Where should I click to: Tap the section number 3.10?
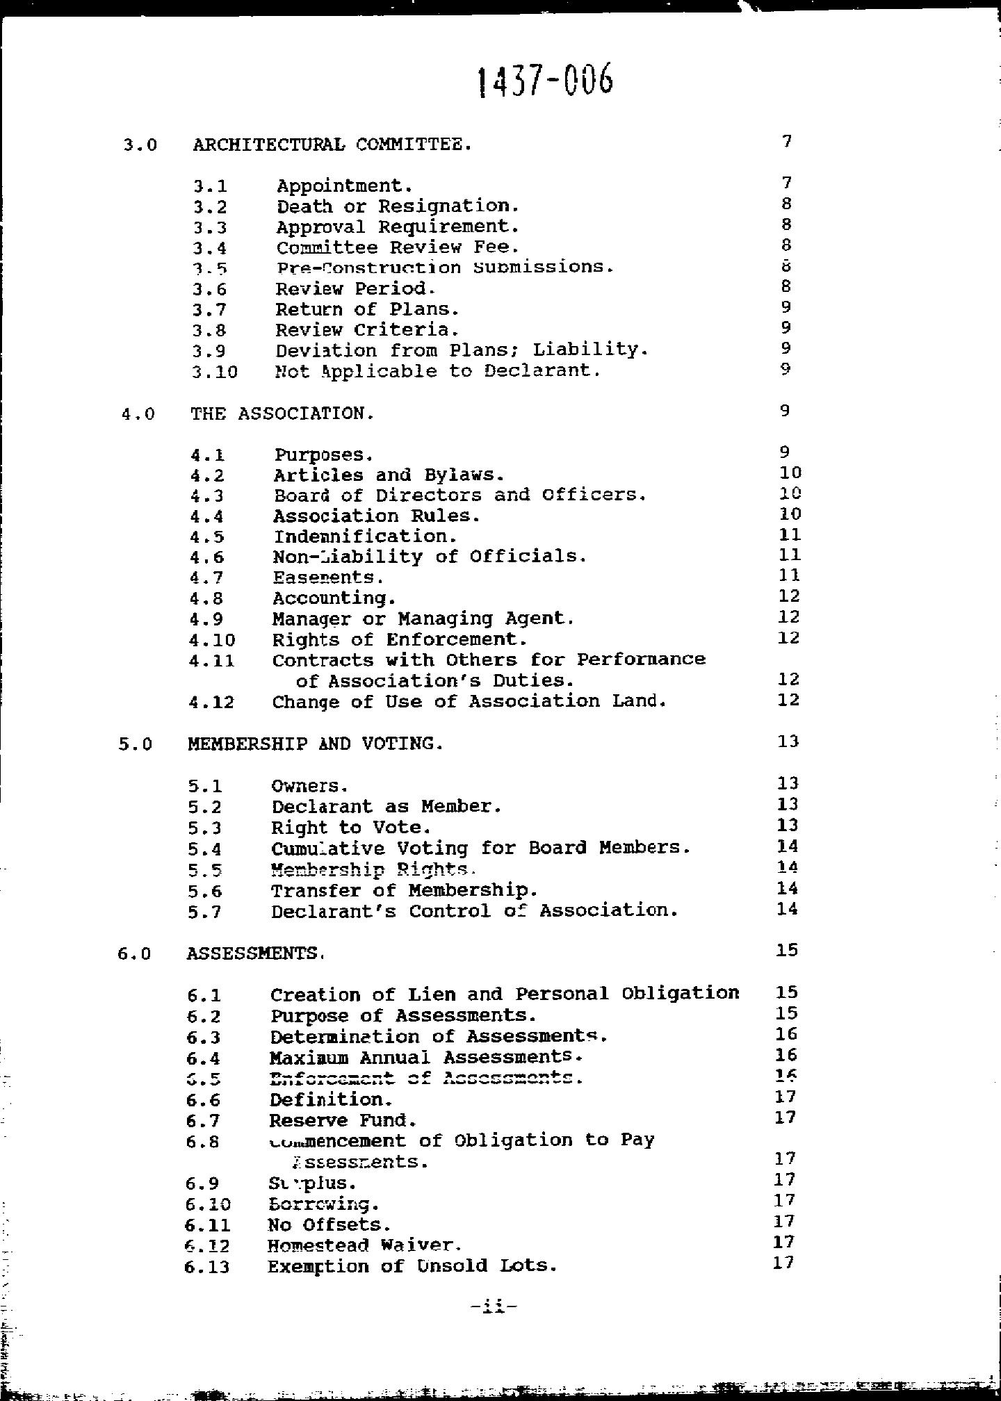click(x=215, y=372)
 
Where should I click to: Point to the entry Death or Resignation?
click(x=398, y=206)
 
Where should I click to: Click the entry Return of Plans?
click(x=367, y=309)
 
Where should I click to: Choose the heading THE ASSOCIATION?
click(x=282, y=413)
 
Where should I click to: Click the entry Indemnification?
click(x=365, y=536)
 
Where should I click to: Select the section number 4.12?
click(x=211, y=702)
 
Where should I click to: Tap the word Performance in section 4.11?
click(x=641, y=659)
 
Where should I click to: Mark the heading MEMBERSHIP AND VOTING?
click(x=315, y=744)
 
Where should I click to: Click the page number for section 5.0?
click(x=788, y=742)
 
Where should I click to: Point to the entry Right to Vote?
click(x=351, y=828)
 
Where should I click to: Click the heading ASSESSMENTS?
click(x=254, y=953)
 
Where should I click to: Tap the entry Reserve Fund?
click(x=343, y=1120)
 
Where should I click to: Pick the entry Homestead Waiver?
click(x=364, y=1245)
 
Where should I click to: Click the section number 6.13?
click(x=207, y=1267)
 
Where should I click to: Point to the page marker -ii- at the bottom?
click(x=494, y=1307)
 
